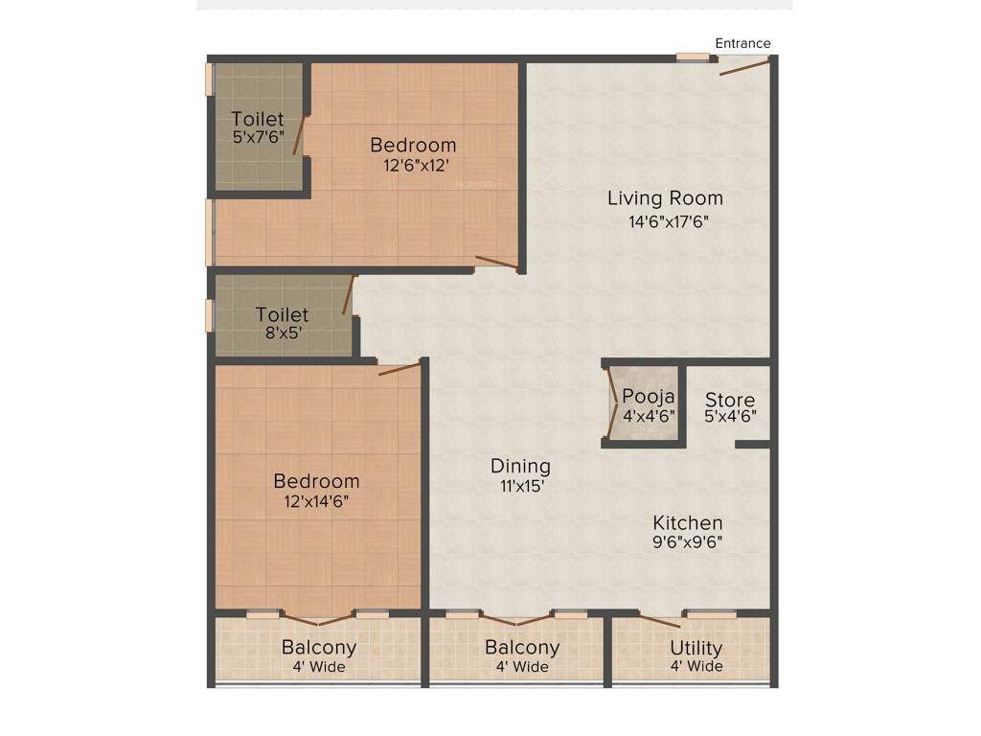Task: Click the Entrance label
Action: pyautogui.click(x=742, y=43)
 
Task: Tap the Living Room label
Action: pyautogui.click(x=665, y=198)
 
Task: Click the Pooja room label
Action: pyautogui.click(x=649, y=396)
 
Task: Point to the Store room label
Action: pyautogui.click(x=730, y=400)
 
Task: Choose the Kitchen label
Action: pyautogui.click(x=687, y=522)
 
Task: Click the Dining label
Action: pyautogui.click(x=520, y=466)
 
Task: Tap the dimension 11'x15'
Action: pyautogui.click(x=520, y=486)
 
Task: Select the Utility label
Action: pyautogui.click(x=696, y=647)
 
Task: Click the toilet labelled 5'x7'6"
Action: pyautogui.click(x=257, y=119)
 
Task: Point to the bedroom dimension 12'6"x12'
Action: pyautogui.click(x=413, y=165)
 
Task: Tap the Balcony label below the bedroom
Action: pyautogui.click(x=319, y=647)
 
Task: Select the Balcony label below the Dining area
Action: pyautogui.click(x=522, y=647)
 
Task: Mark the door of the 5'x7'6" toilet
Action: pyautogui.click(x=300, y=135)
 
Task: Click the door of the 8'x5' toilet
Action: pyautogui.click(x=351, y=294)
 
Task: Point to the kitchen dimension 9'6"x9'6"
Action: pyautogui.click(x=687, y=542)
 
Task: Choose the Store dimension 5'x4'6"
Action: pyautogui.click(x=730, y=418)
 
